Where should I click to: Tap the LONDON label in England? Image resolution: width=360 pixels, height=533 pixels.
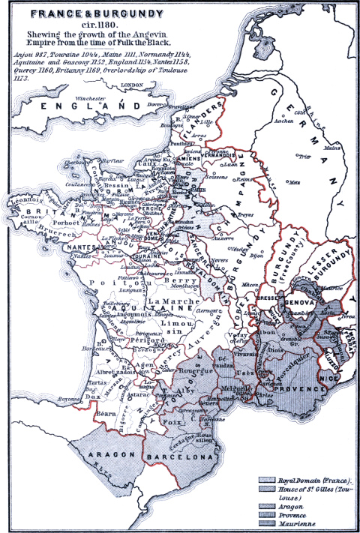(x=131, y=86)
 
